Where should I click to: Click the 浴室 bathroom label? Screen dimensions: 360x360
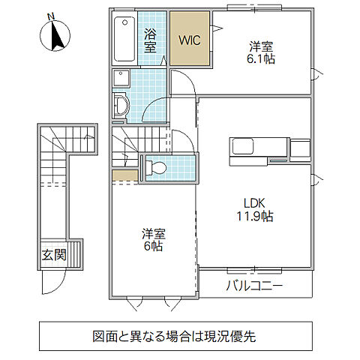[152, 40]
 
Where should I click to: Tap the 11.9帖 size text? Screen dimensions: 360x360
[252, 217]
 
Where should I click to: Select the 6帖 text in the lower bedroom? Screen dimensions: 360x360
[152, 245]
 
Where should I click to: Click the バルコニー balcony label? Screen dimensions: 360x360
[255, 286]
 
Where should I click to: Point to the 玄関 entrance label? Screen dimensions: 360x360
[53, 254]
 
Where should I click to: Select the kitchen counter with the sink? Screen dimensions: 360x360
[259, 146]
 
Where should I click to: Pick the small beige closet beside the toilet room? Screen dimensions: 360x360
[124, 175]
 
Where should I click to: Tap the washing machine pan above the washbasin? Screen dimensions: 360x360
[121, 77]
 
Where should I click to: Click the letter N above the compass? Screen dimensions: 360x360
[50, 16]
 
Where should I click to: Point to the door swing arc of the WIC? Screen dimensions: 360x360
[218, 29]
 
